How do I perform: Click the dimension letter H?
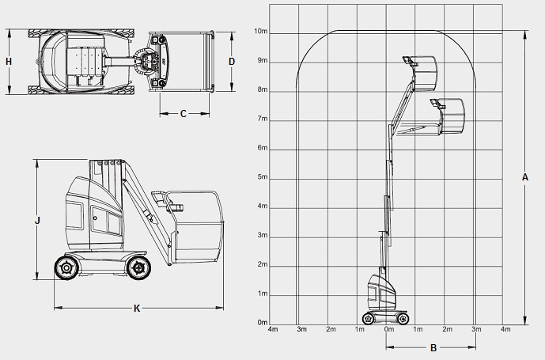[9, 62]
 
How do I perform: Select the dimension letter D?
[232, 62]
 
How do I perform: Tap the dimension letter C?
[184, 114]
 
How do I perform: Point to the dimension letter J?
[38, 220]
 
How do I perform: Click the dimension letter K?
[137, 308]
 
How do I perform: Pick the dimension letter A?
[525, 177]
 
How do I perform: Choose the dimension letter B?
[433, 347]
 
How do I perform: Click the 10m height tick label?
[261, 32]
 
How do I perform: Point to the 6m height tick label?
[263, 148]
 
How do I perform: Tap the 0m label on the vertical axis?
[263, 323]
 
